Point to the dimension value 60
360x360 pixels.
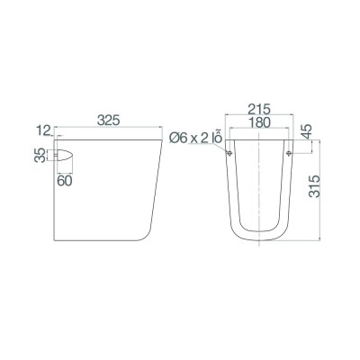[x=64, y=181]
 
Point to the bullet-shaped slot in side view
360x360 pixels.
[x=63, y=155]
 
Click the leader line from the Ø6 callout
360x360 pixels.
[x=221, y=148]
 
